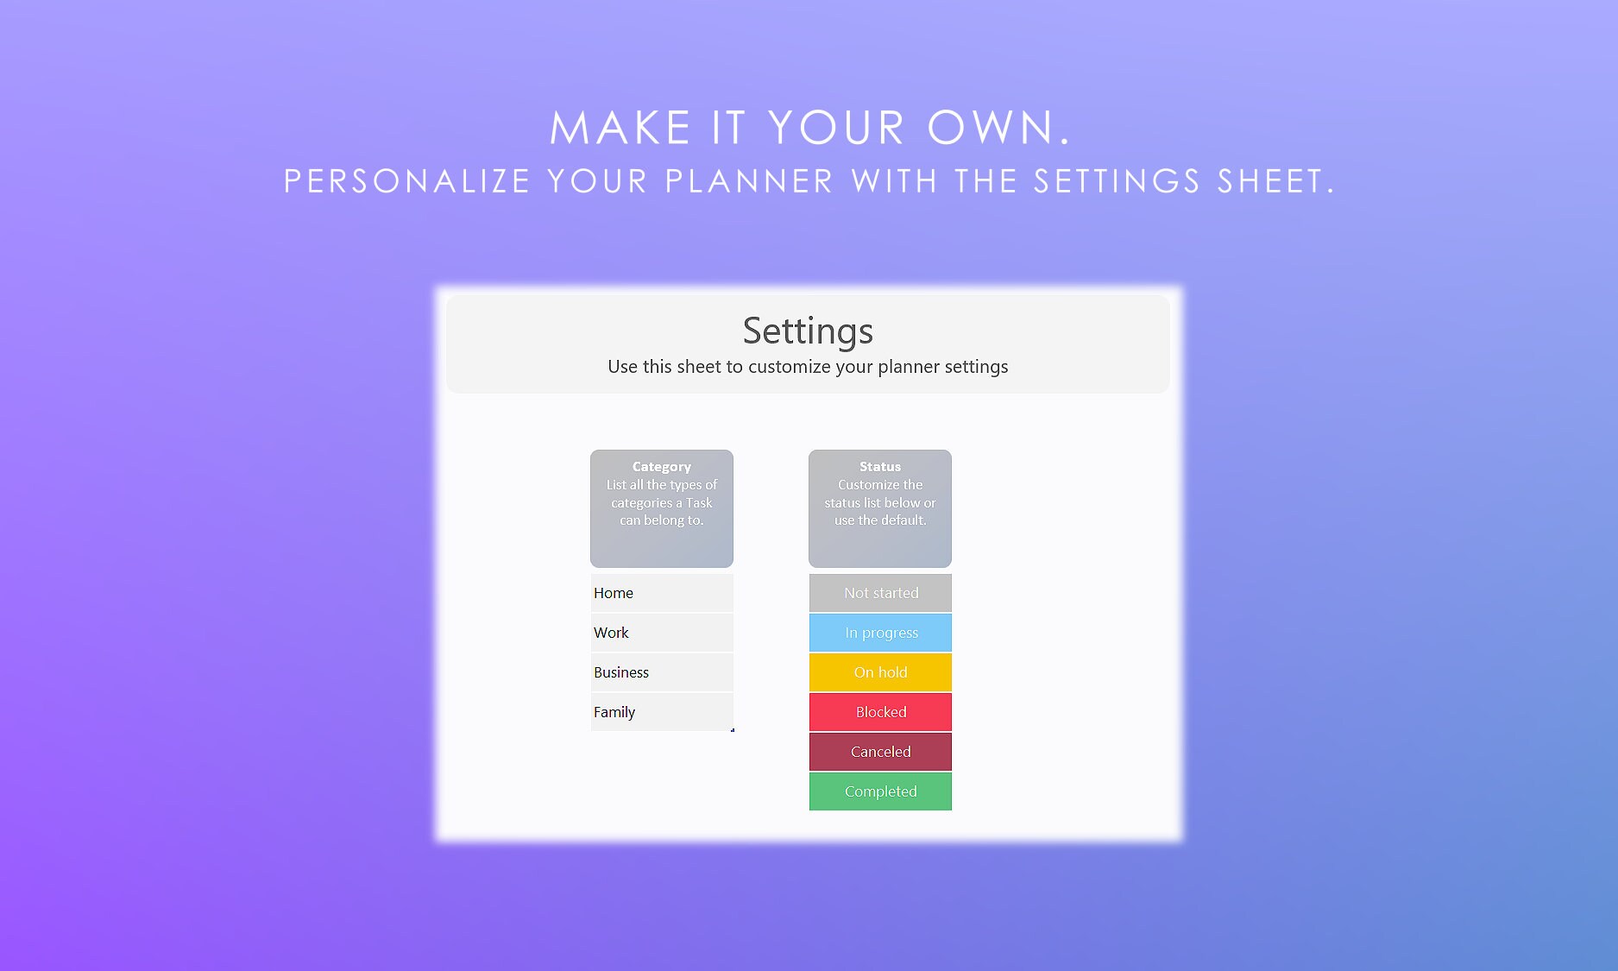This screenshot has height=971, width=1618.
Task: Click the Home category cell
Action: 661,593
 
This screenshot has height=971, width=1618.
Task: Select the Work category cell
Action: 661,633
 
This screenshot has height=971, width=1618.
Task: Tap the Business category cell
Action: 661,672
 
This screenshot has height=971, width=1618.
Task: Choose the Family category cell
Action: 661,712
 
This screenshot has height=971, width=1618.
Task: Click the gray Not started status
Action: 880,593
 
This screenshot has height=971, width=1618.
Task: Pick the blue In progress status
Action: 880,633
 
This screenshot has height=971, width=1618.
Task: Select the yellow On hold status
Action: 880,672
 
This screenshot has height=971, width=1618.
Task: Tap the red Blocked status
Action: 880,712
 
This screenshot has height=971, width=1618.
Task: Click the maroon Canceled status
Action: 880,752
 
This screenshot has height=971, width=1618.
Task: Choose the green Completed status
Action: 880,791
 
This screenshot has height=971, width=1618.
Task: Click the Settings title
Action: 808,331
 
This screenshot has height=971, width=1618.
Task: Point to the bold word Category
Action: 661,467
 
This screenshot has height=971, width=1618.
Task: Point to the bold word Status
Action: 879,467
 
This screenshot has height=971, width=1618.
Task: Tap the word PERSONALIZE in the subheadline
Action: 406,182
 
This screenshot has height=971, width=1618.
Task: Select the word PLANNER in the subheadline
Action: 749,182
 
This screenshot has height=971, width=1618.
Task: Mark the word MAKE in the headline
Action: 620,129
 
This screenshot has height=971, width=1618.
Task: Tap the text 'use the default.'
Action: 880,520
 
